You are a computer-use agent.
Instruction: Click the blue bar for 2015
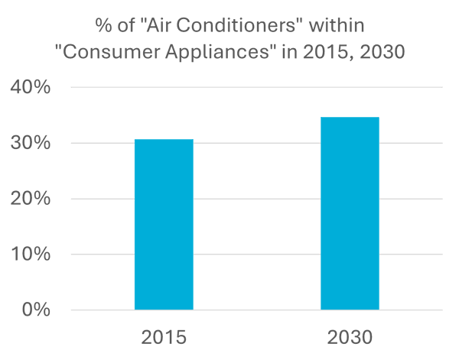pyautogui.click(x=164, y=225)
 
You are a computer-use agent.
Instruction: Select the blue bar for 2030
pyautogui.click(x=350, y=214)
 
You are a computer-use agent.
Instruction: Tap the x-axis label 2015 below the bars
pyautogui.click(x=164, y=337)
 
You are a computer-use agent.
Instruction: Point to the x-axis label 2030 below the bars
pyautogui.click(x=350, y=337)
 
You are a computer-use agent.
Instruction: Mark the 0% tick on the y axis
pyautogui.click(x=35, y=310)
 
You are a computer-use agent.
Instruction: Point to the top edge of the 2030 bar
pyautogui.click(x=350, y=118)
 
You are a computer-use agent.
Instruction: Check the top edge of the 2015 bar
pyautogui.click(x=164, y=140)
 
